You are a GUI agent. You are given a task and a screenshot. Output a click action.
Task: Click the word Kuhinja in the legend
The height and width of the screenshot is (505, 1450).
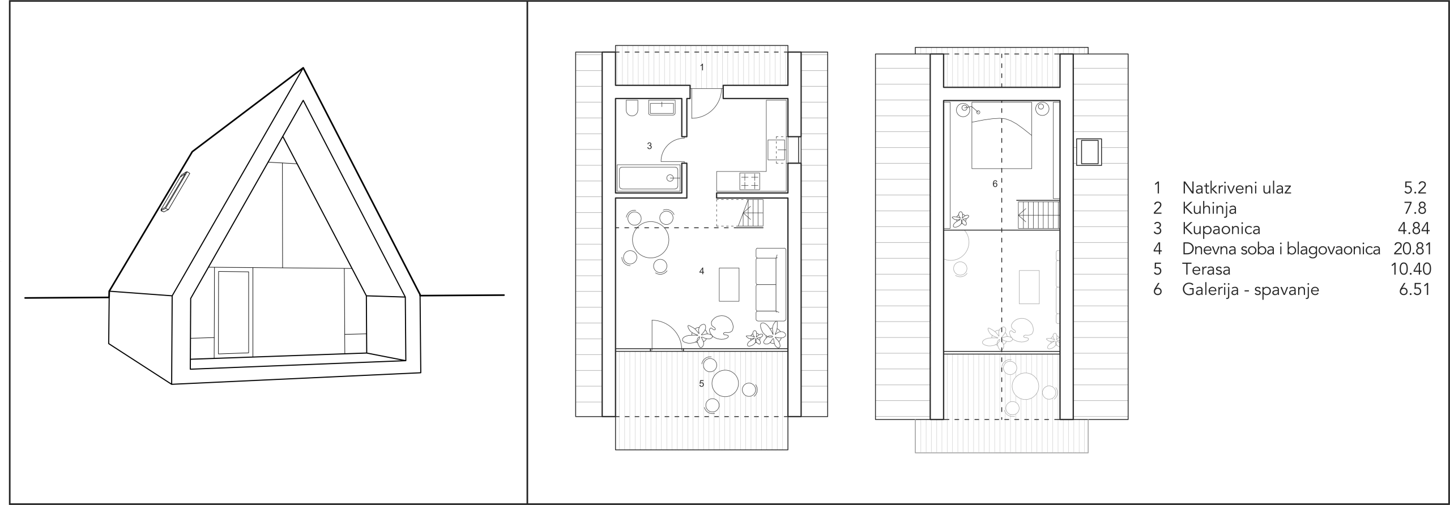(1209, 208)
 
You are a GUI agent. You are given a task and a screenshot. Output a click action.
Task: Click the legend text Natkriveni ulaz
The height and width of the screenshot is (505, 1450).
(1236, 188)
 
